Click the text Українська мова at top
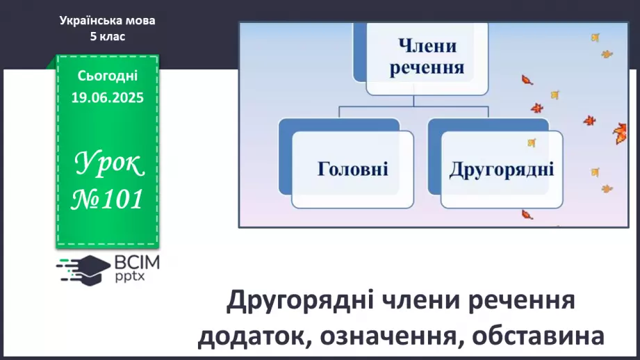tap(107, 21)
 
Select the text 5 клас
tap(107, 37)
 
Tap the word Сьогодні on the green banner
tap(107, 76)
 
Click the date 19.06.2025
tap(107, 98)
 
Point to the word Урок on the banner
tap(108, 165)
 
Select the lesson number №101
tap(108, 199)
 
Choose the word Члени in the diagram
tap(427, 47)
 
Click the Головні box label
tap(352, 169)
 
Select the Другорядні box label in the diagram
tap(501, 169)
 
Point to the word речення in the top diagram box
tap(427, 68)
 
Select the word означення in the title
tap(388, 336)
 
